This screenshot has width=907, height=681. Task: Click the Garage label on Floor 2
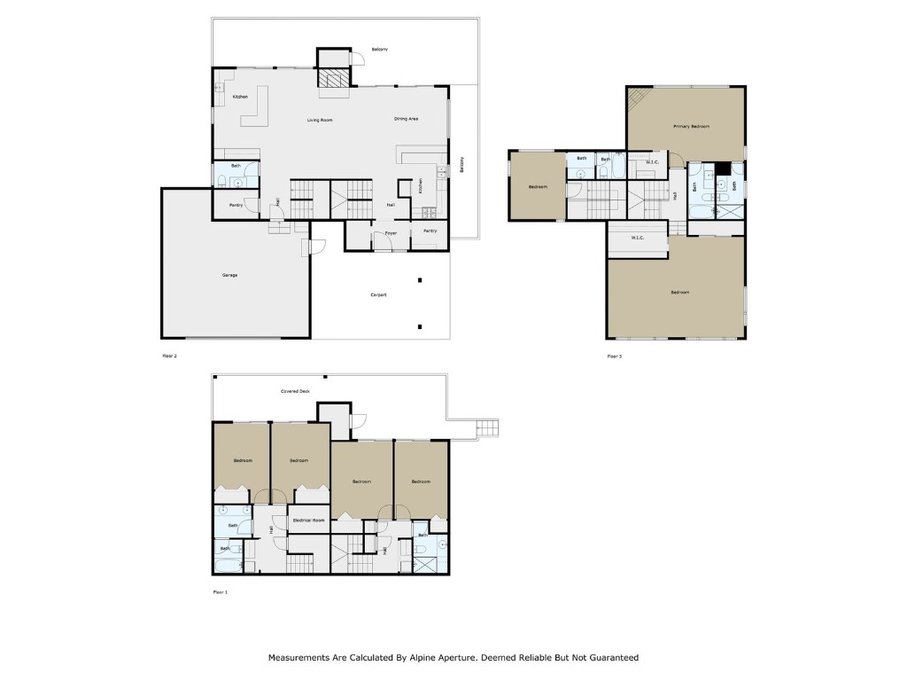tap(229, 276)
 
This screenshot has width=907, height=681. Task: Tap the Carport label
tap(377, 294)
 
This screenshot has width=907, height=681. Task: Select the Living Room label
tap(320, 119)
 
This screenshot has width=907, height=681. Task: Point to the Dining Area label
tap(406, 118)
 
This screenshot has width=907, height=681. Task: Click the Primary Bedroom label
tap(691, 127)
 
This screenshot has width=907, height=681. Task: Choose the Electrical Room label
tap(307, 521)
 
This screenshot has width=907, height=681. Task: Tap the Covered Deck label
tap(295, 390)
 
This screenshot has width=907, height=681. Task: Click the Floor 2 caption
tap(169, 356)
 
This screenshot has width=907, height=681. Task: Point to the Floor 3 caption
tap(614, 356)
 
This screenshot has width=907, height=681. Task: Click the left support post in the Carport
tap(420, 281)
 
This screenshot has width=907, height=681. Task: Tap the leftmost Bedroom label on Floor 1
tap(243, 460)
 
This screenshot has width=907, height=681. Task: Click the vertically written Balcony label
tap(461, 166)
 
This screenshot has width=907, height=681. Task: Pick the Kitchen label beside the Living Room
tap(240, 97)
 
